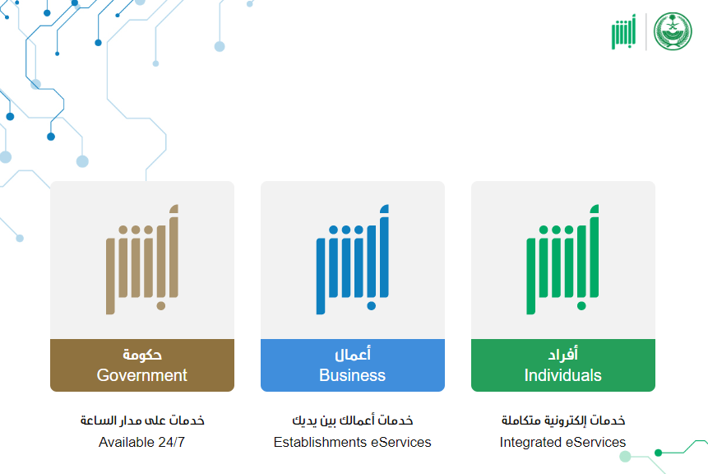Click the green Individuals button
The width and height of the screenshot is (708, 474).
click(x=563, y=365)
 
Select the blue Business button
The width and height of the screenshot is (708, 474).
click(x=353, y=365)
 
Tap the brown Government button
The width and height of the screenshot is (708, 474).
click(x=142, y=365)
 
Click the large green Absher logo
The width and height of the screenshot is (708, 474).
click(x=562, y=259)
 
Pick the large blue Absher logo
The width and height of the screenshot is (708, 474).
click(x=352, y=259)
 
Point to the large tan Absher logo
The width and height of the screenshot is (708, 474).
click(x=141, y=259)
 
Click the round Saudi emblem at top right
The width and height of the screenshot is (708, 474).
click(x=673, y=31)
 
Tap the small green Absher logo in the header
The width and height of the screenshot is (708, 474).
click(x=623, y=31)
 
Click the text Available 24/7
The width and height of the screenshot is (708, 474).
click(x=141, y=442)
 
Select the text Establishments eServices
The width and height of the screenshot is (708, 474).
click(x=352, y=442)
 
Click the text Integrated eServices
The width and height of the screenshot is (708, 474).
click(x=562, y=442)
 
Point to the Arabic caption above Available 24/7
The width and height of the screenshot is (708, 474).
click(x=142, y=421)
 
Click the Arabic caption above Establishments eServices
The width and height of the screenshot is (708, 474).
click(x=353, y=421)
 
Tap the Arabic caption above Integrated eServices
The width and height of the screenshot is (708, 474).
click(x=563, y=421)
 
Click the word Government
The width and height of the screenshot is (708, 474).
click(x=141, y=375)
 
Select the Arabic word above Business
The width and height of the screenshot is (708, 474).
click(x=353, y=354)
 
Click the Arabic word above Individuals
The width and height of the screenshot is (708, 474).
click(x=563, y=354)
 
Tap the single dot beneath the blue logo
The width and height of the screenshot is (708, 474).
click(x=371, y=306)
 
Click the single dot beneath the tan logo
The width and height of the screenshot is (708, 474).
click(x=160, y=306)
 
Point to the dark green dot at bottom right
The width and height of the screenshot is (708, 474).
click(x=659, y=453)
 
